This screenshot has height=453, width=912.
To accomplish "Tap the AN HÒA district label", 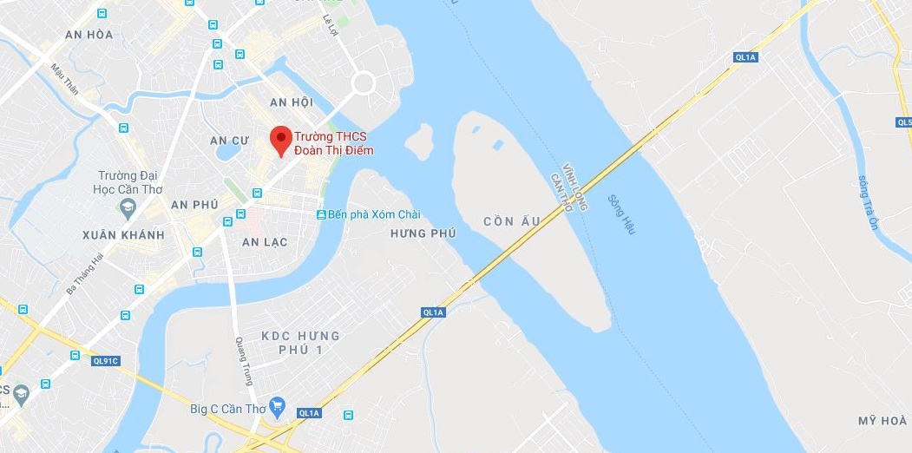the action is click(89, 35).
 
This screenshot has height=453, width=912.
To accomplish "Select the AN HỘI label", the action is click(291, 102).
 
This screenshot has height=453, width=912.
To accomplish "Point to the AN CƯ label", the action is click(230, 140).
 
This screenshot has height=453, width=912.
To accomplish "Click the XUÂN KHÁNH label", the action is click(123, 235).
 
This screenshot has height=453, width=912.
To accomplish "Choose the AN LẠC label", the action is click(265, 242).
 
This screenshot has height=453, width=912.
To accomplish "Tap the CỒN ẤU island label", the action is click(513, 221).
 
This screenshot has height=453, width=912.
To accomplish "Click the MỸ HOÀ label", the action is click(882, 421).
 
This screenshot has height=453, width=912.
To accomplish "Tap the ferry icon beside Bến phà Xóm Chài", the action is click(321, 214).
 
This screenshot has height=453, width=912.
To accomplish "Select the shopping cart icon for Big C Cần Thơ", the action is click(278, 404).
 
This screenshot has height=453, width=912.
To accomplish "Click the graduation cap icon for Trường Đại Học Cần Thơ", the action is click(128, 208).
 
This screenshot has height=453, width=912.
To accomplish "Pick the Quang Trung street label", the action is click(245, 360).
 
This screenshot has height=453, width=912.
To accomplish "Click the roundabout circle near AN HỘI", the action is click(363, 83).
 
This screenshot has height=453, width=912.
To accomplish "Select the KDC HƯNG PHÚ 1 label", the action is click(300, 342).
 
